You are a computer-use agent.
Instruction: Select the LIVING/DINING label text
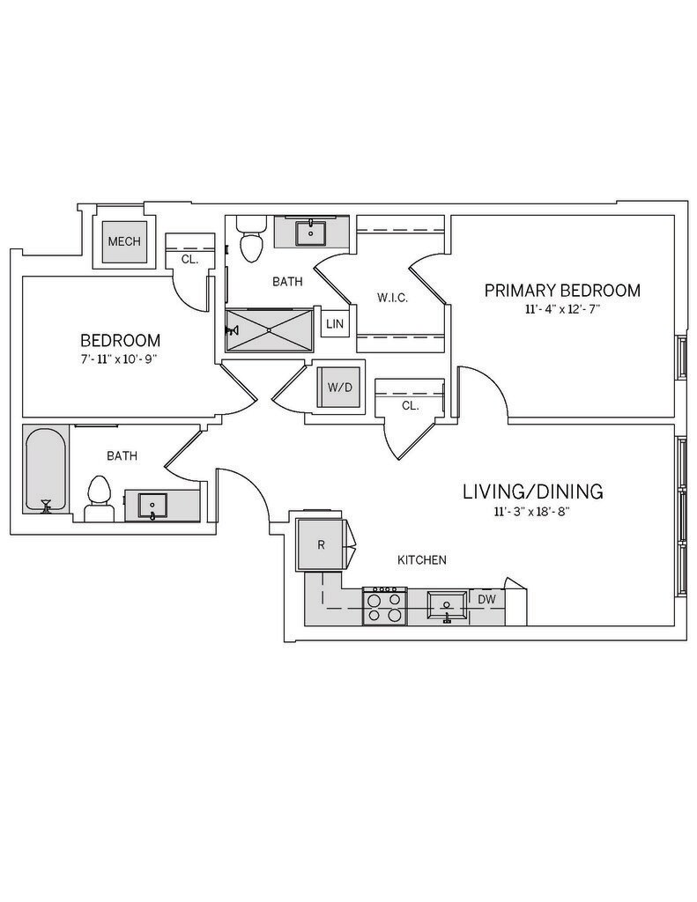(532, 492)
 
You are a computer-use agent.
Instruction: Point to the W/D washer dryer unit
(338, 388)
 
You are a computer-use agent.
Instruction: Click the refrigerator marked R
(322, 545)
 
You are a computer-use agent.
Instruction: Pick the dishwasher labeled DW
(486, 599)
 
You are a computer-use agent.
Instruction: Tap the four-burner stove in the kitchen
(384, 606)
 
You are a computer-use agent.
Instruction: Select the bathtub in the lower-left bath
(46, 469)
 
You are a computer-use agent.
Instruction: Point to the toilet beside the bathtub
(99, 499)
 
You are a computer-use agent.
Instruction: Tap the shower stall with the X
(270, 330)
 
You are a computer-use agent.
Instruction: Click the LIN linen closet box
(334, 324)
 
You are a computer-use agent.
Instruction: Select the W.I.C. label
(392, 298)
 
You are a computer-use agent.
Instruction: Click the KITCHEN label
(422, 559)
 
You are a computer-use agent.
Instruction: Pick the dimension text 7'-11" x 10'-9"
(120, 359)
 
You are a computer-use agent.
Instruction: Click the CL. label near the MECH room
(189, 260)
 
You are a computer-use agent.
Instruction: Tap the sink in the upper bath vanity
(310, 233)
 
